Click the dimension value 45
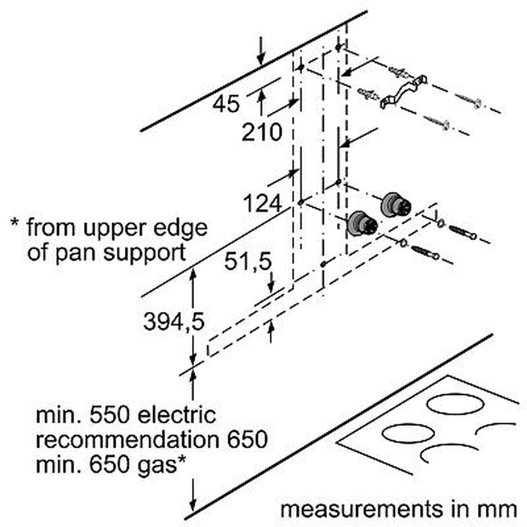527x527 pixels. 227,104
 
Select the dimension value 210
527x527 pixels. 262,132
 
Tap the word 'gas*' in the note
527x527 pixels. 161,465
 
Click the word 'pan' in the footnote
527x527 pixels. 81,253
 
